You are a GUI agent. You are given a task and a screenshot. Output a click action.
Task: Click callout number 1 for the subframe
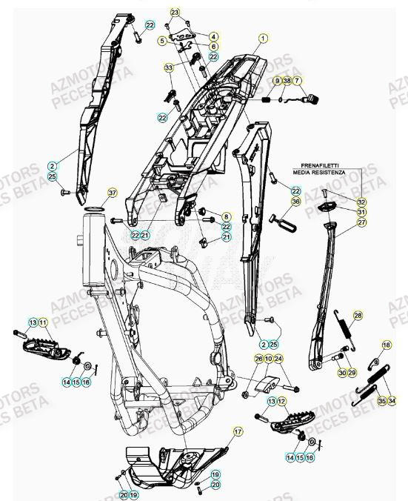(261, 36)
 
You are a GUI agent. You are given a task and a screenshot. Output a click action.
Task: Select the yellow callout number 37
(113, 193)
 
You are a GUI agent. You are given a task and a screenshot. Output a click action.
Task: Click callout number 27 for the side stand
(361, 222)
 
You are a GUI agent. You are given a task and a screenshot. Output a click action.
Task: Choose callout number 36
(295, 201)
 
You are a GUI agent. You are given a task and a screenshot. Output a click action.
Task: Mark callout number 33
(168, 67)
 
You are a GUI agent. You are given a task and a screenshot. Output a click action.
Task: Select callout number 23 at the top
(175, 13)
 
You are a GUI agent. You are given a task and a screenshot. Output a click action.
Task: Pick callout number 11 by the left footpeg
(43, 322)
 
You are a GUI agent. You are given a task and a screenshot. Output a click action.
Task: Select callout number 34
(392, 401)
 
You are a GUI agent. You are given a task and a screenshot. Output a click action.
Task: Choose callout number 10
(268, 359)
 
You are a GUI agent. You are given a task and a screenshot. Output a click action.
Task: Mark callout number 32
(361, 202)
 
